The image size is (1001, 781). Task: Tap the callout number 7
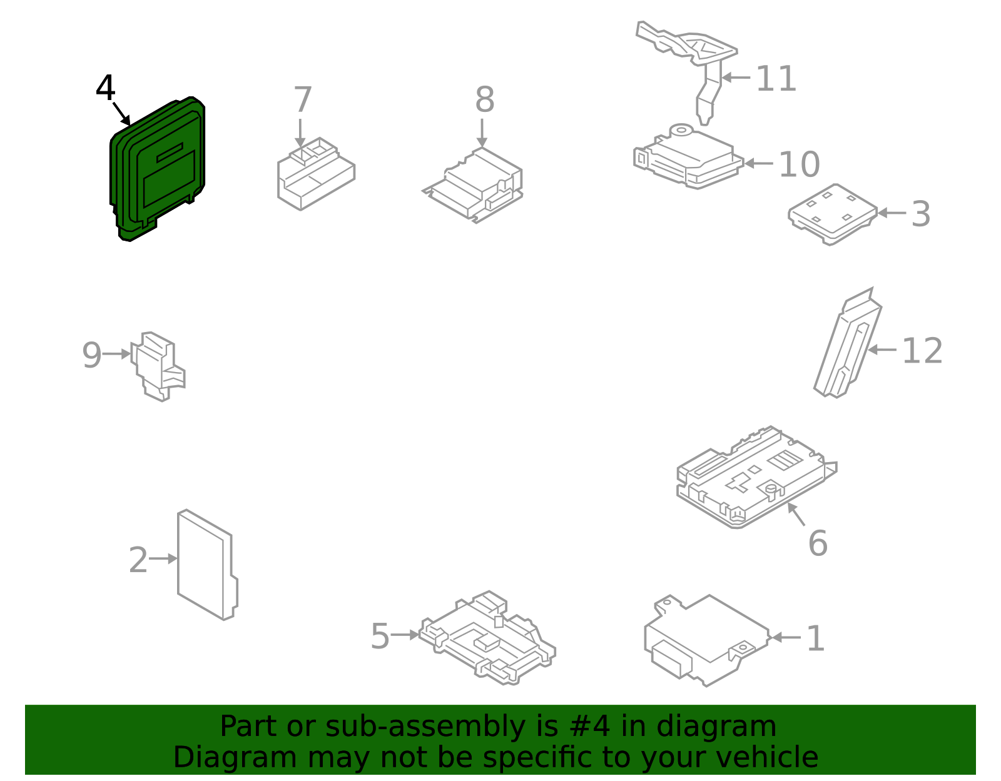pos(303,100)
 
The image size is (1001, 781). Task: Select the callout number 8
pos(484,100)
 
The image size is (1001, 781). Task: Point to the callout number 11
pos(776,79)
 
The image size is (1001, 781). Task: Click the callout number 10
pos(799,165)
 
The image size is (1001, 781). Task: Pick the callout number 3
pos(920,214)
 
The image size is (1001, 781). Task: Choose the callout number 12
pos(922,351)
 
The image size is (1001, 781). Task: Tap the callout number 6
pos(818,543)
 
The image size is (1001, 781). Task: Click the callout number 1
pos(815,639)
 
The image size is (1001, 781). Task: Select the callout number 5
pos(380,637)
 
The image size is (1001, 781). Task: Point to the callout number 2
pos(138,560)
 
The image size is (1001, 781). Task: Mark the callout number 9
pos(91,355)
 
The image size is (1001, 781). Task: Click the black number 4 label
pos(105,88)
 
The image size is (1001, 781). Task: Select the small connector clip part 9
pos(158,366)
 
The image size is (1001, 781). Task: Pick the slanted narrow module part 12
pos(848,347)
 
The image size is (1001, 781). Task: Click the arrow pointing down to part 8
pos(482,133)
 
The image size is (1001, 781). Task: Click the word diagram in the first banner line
pos(733,727)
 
